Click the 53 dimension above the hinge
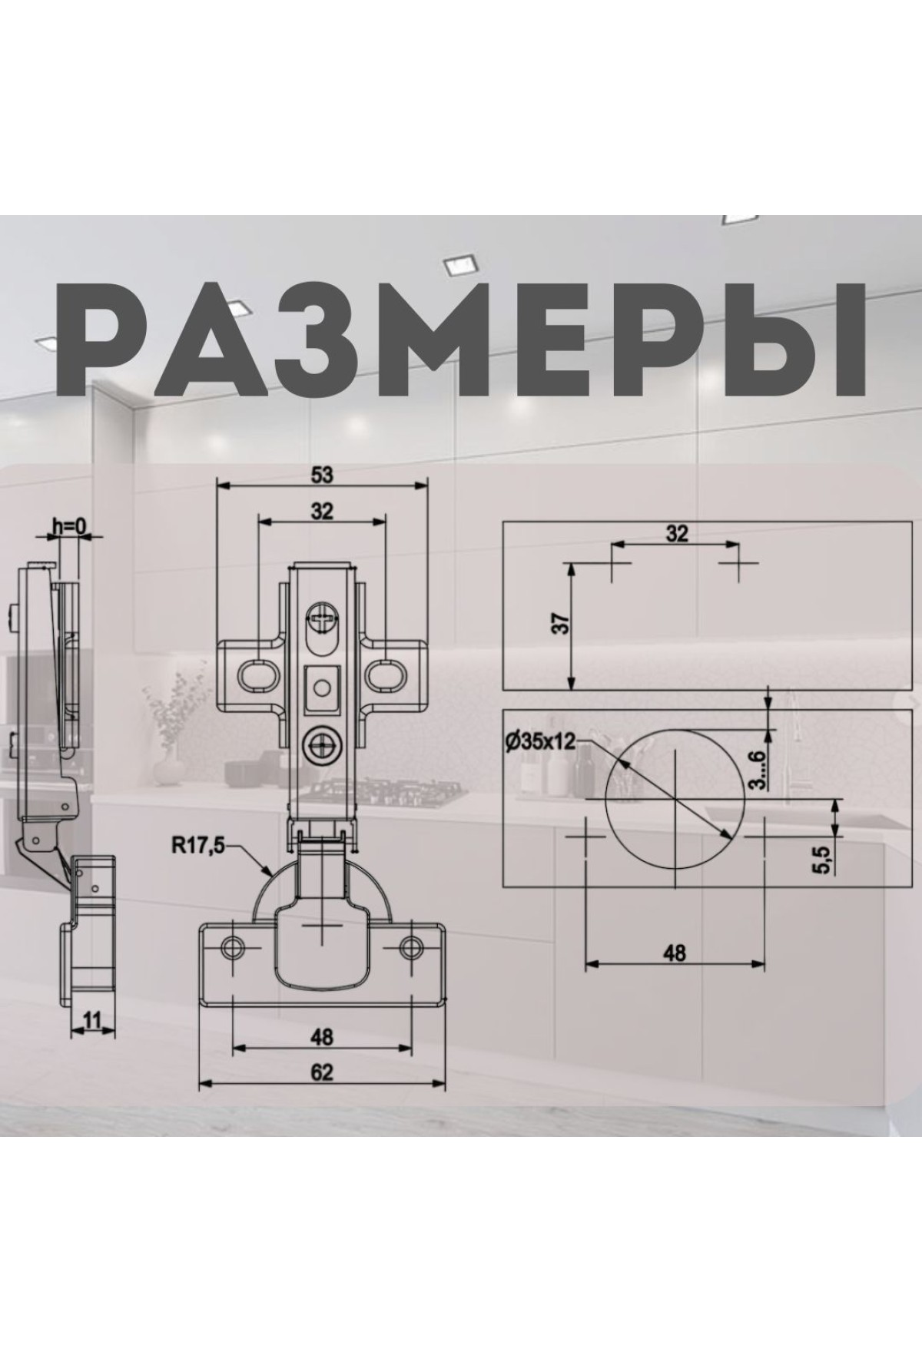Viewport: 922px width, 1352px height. click(323, 476)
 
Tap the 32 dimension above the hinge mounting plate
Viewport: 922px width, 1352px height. click(323, 512)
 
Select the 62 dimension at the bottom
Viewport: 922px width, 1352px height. click(323, 1072)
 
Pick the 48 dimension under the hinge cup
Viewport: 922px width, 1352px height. click(323, 1036)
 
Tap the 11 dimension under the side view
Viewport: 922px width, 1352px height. click(92, 1020)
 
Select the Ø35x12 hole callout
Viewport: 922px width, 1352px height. click(540, 741)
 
